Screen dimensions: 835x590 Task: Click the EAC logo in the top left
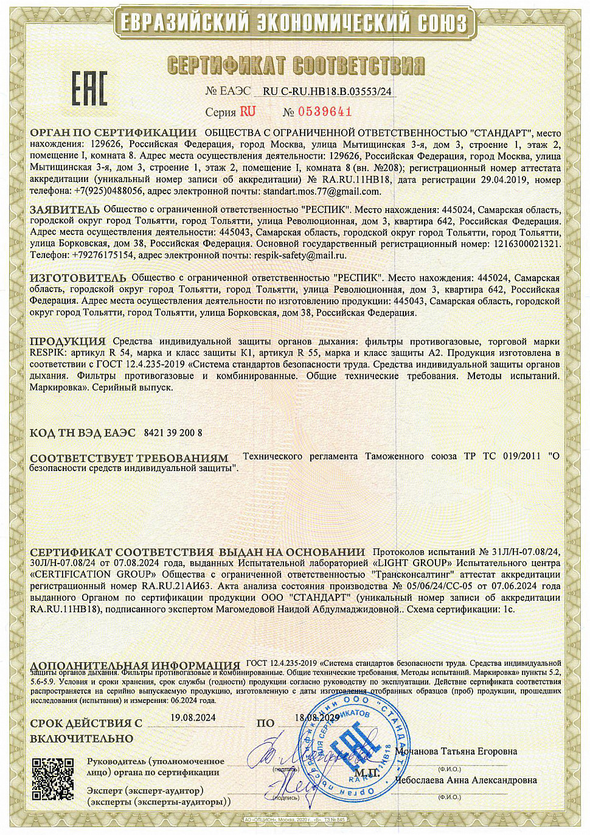[x=90, y=88]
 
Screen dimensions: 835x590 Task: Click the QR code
[x=53, y=779]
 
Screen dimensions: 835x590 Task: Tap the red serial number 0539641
[x=325, y=111]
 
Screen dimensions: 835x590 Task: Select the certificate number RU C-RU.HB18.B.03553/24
[x=327, y=92]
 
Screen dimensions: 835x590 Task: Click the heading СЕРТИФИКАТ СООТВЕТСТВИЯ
[x=296, y=66]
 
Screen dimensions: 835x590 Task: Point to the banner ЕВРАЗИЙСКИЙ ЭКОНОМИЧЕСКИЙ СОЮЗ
[x=294, y=23]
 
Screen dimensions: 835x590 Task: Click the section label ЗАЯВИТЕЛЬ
[x=65, y=210]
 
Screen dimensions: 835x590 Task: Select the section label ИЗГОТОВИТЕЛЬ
[x=78, y=278]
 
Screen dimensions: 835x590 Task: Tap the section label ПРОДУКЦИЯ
[x=68, y=341]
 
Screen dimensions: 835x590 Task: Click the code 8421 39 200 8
[x=173, y=433]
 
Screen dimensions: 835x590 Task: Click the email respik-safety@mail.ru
[x=300, y=256]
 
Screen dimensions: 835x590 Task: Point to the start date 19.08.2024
[x=193, y=718]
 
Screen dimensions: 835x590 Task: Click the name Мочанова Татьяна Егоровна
[x=456, y=752]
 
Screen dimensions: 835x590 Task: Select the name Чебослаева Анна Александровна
[x=466, y=780]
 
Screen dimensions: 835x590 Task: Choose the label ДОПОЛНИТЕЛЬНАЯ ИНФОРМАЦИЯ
[x=135, y=665]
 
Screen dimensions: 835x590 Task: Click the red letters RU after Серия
[x=248, y=111]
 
